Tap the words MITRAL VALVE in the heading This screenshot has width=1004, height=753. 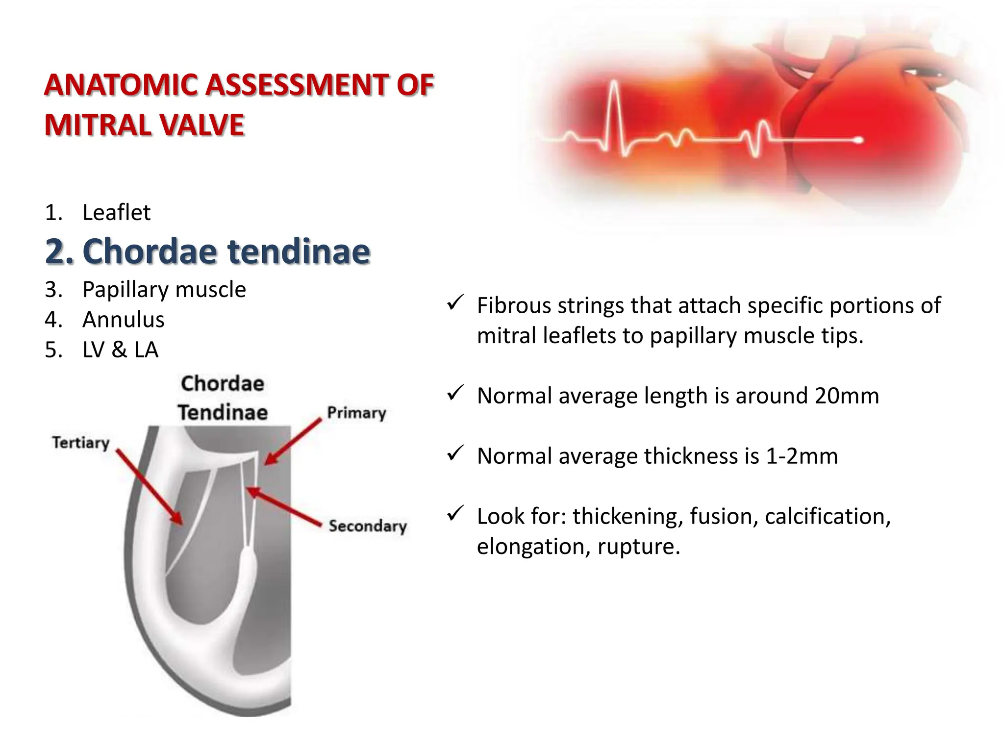pyautogui.click(x=144, y=125)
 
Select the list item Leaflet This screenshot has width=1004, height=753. pyautogui.click(x=116, y=213)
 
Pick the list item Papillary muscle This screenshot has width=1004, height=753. pyautogui.click(x=164, y=290)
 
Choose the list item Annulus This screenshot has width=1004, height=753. pyautogui.click(x=123, y=320)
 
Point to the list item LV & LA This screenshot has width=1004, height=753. pyautogui.click(x=120, y=350)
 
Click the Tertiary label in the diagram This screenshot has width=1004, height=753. pyautogui.click(x=81, y=443)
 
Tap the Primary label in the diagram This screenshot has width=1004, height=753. pyautogui.click(x=356, y=413)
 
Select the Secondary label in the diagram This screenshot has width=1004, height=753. pyautogui.click(x=368, y=526)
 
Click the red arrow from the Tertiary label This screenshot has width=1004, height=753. pyautogui.click(x=150, y=488)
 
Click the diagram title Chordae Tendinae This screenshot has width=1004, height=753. pyautogui.click(x=223, y=398)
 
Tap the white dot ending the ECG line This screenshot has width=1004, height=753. pyautogui.click(x=859, y=141)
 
